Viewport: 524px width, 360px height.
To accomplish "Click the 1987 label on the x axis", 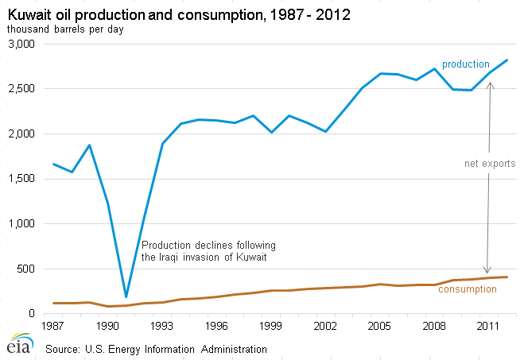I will pos(52,326).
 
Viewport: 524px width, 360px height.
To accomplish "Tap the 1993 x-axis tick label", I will pos(162,326).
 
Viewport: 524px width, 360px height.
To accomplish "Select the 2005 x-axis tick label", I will pos(381,326).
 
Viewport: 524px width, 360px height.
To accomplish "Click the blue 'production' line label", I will pos(465,64).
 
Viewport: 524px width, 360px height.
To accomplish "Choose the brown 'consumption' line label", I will pos(468,288).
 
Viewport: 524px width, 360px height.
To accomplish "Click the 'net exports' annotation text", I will pos(490,164).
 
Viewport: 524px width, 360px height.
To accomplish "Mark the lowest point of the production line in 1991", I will pos(126,296).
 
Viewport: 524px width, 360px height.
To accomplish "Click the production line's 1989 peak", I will pos(89,145).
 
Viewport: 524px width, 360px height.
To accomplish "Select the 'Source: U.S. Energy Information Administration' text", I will pos(155,348).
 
